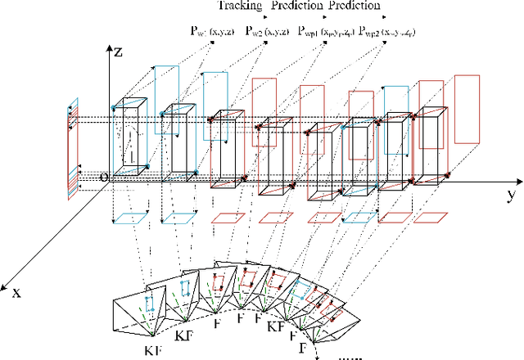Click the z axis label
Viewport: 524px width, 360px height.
point(119,51)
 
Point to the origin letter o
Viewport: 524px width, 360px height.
point(103,176)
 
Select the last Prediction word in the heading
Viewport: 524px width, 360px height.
point(354,6)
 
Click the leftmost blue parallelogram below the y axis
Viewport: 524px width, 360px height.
point(124,218)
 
